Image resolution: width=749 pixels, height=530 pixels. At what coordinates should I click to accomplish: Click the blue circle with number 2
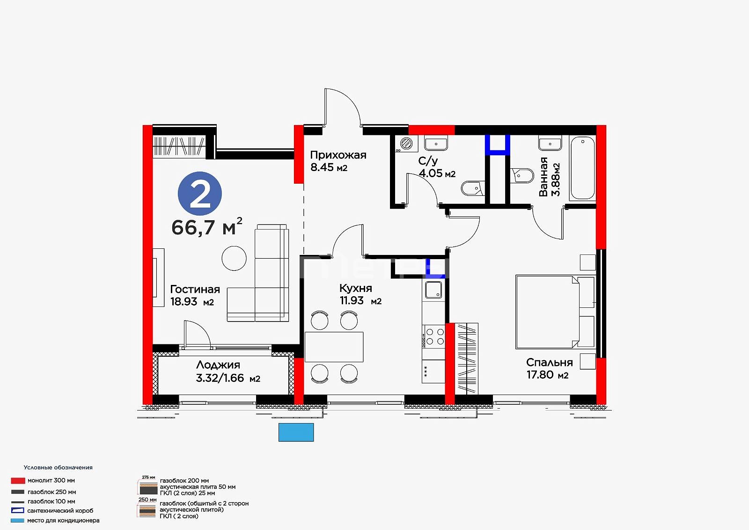coord(199,194)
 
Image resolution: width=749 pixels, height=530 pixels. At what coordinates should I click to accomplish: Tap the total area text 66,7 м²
coord(206,227)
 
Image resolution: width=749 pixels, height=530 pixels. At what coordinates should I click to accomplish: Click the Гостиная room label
coord(195,289)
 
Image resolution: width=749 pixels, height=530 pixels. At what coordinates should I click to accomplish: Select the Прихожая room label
coord(338,155)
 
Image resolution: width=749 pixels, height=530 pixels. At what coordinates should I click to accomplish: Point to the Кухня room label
coord(355,288)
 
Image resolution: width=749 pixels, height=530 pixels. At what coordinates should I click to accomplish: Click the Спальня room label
coord(550,362)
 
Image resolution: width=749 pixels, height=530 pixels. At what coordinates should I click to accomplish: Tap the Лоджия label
coord(218,365)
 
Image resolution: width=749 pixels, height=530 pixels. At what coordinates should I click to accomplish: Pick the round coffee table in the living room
coord(234,258)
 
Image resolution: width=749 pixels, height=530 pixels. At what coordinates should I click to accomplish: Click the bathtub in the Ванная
coord(582,168)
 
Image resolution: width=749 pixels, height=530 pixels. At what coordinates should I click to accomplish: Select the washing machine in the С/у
coord(406,143)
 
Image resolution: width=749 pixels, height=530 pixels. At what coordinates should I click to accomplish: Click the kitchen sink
coord(433,290)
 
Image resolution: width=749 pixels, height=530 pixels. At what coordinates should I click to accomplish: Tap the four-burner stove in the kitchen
coord(433,336)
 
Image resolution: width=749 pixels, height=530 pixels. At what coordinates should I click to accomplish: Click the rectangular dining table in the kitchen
coord(334,347)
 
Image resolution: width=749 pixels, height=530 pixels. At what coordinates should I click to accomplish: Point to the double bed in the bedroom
coord(555,312)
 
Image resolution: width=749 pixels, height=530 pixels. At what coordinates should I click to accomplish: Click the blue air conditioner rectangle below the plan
coord(296,432)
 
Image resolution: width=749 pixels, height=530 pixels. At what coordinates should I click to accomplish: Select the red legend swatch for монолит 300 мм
coord(18,480)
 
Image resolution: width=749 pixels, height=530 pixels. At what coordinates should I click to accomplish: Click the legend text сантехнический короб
coord(60,511)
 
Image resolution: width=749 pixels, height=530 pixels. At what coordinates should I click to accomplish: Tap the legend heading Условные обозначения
coord(58,467)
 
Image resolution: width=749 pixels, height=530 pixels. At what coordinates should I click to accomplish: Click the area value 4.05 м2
coord(437,173)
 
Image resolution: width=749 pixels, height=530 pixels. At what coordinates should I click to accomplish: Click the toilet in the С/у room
coord(472,189)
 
